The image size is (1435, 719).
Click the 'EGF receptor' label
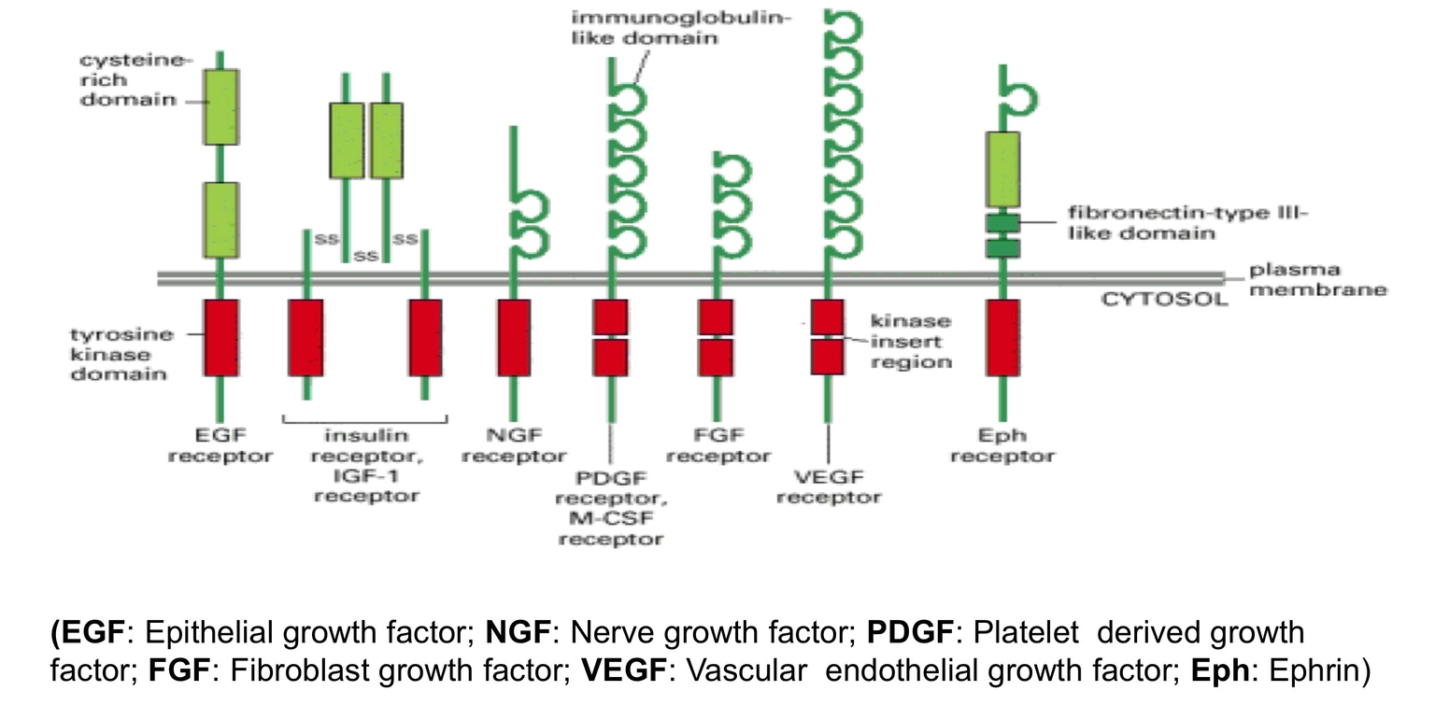tap(220, 445)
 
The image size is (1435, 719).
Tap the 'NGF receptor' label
tap(514, 445)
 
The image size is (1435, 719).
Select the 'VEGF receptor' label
tap(829, 486)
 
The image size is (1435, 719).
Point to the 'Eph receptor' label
tap(1002, 445)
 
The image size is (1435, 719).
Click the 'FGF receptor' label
tap(718, 445)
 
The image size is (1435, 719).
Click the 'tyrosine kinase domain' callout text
tap(121, 354)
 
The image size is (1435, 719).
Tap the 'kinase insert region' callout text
tap(911, 341)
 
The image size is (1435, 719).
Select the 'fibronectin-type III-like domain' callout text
tap(1186, 223)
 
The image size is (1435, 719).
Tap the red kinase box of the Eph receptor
tap(1002, 337)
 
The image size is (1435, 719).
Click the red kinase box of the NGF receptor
tap(513, 337)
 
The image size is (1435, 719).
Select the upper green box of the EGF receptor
tap(220, 106)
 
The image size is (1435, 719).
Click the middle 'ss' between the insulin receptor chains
tap(365, 255)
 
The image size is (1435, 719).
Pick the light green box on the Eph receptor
tap(1002, 169)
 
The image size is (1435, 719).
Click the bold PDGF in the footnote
tap(910, 632)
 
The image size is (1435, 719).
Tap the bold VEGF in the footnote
tap(624, 670)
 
